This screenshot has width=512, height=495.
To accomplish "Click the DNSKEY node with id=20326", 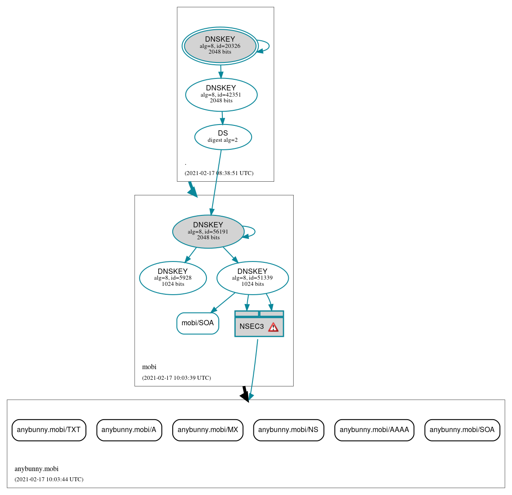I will click(220, 46).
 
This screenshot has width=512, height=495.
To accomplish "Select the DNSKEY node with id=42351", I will click(221, 94).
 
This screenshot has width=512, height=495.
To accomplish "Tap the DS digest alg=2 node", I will click(223, 137).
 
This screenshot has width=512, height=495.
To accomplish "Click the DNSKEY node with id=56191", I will click(208, 231).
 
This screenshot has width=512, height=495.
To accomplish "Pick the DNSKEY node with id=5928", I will click(173, 278).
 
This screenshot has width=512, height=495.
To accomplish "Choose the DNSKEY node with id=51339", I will click(252, 278).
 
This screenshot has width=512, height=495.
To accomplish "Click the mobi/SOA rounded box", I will click(198, 323).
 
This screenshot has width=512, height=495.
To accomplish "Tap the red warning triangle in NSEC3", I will click(273, 327).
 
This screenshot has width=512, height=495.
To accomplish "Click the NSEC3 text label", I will click(252, 327).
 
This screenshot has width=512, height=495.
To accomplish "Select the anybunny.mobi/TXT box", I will click(49, 430).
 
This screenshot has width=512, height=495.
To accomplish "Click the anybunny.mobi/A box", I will click(129, 430).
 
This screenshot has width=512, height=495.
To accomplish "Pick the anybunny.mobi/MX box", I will click(208, 430).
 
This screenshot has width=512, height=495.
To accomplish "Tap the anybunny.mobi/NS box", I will click(288, 430).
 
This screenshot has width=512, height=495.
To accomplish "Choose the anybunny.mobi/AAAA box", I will click(374, 430).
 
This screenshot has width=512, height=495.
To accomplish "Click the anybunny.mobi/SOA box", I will click(462, 430).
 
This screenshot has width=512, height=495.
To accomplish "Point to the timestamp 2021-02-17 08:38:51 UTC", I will click(219, 173).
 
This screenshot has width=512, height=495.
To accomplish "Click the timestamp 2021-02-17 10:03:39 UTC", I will click(176, 378).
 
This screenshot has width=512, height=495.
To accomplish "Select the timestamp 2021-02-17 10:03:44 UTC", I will click(49, 479).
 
